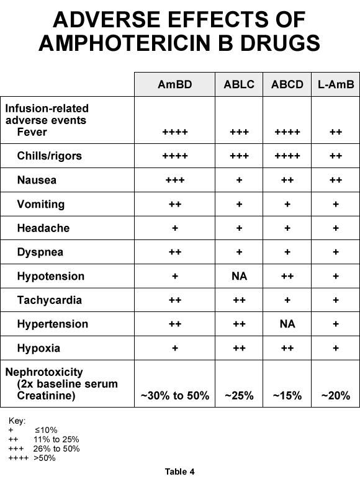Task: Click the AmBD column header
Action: tap(174, 84)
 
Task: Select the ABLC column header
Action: tap(239, 84)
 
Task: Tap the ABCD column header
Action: tap(287, 84)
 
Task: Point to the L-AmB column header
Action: tap(335, 84)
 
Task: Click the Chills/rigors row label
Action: tap(49, 156)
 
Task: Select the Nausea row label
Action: tap(37, 180)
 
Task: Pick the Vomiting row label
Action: tap(40, 204)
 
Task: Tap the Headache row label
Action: tap(43, 228)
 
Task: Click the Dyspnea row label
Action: tap(40, 252)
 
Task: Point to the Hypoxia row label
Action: tap(38, 348)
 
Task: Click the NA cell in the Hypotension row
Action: tap(239, 276)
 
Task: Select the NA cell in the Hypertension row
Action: tap(287, 324)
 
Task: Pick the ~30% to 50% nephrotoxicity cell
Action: tap(174, 396)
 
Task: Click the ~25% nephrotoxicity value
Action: tap(239, 396)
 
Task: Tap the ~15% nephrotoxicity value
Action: tap(287, 396)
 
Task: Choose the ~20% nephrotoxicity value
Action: tap(335, 396)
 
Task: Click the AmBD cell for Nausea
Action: tap(174, 180)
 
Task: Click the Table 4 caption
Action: tap(179, 471)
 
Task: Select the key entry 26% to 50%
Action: tap(56, 449)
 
